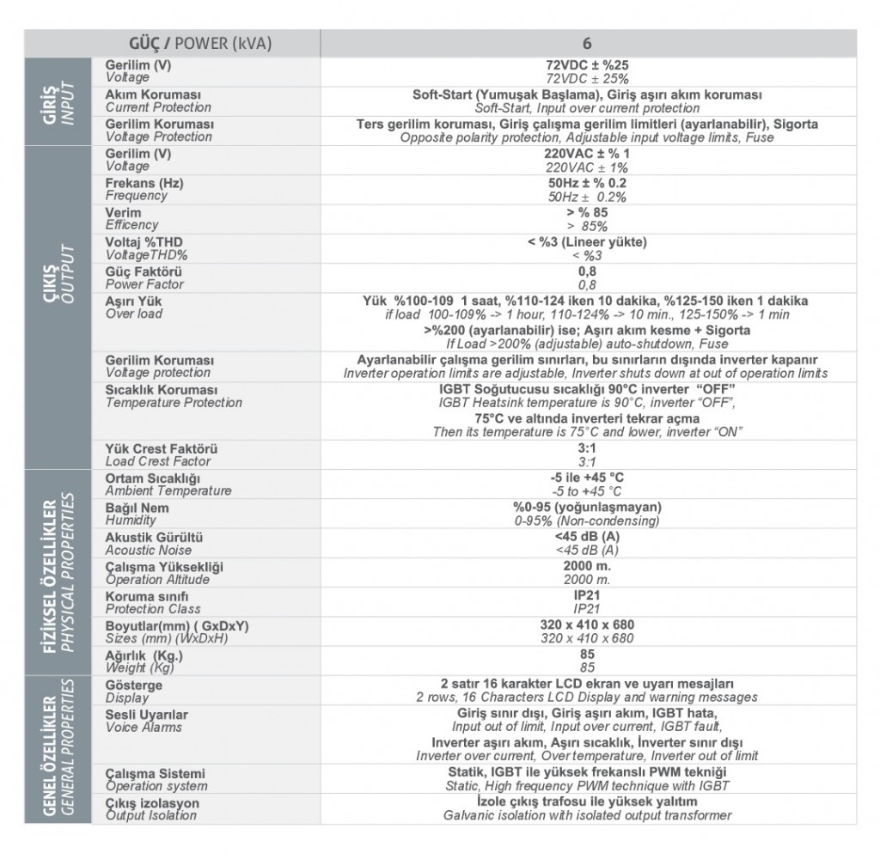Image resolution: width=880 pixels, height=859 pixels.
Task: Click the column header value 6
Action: tap(587, 44)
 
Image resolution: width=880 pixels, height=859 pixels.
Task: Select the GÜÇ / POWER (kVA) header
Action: tap(200, 44)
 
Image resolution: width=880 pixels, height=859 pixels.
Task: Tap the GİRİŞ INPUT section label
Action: tap(58, 101)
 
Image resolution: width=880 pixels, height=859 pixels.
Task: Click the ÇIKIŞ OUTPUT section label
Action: tap(58, 308)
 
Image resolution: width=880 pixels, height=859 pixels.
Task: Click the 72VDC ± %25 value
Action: tap(587, 65)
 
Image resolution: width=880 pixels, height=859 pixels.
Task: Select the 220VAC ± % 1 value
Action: tap(587, 154)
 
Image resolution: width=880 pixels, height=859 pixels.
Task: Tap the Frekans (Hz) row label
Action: tap(144, 184)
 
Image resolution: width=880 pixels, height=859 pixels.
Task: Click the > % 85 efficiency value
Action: tap(587, 213)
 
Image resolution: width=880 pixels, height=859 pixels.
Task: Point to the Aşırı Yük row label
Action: tap(133, 302)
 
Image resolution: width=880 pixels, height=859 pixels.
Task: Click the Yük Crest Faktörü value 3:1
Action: tap(587, 448)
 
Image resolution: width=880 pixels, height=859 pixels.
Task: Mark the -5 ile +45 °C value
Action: tap(587, 478)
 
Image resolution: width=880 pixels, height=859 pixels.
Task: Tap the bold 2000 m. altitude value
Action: tap(587, 567)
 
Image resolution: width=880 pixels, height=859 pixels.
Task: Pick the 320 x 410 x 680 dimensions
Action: tap(587, 625)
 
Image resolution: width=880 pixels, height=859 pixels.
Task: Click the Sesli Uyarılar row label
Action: tap(146, 715)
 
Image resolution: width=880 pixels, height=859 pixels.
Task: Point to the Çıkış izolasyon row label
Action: tap(152, 803)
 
